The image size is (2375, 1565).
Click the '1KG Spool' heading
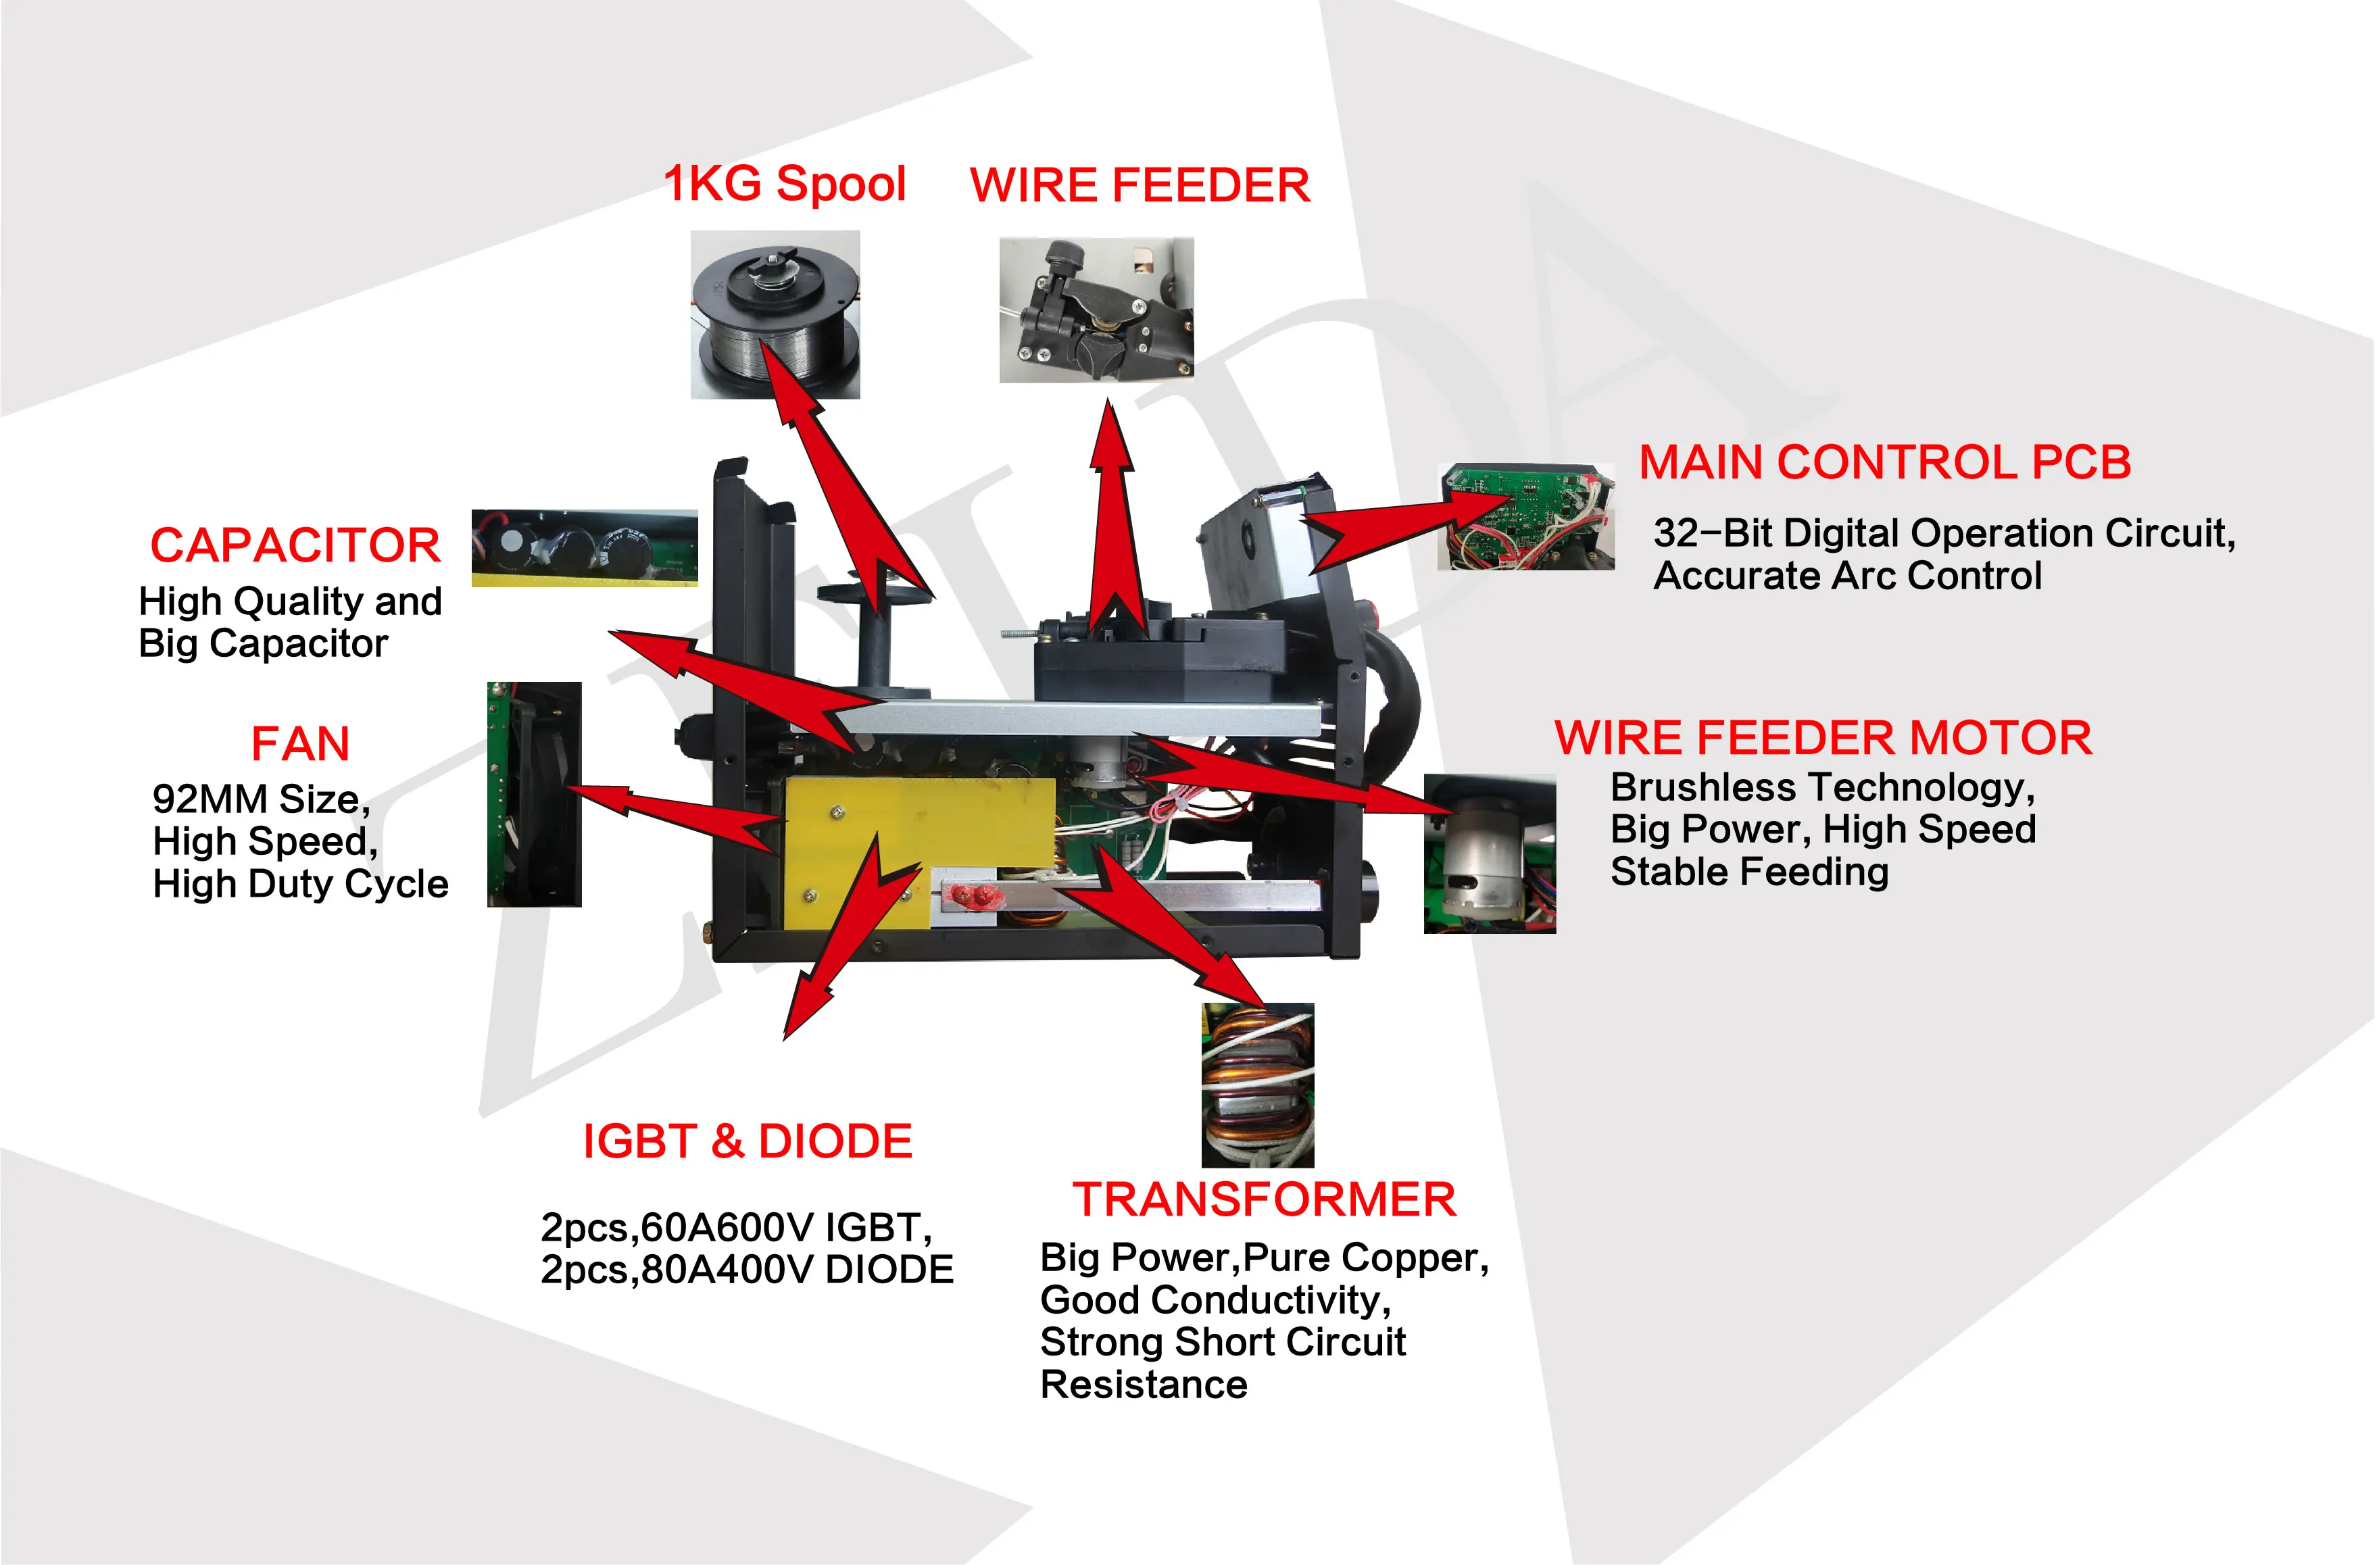pos(785,184)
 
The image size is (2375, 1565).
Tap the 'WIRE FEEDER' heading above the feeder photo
pos(1139,186)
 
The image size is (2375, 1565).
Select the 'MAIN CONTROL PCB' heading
pos(1885,463)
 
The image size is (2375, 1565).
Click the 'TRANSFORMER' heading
pos(1264,1199)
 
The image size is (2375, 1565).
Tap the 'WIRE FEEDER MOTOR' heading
pos(1823,739)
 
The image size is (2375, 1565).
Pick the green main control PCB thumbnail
pos(1525,516)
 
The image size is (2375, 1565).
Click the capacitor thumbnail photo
pos(584,548)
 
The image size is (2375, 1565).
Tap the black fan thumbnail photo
pos(534,795)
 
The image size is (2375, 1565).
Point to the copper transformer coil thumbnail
pos(1258,1085)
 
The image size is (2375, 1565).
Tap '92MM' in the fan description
pos(210,799)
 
